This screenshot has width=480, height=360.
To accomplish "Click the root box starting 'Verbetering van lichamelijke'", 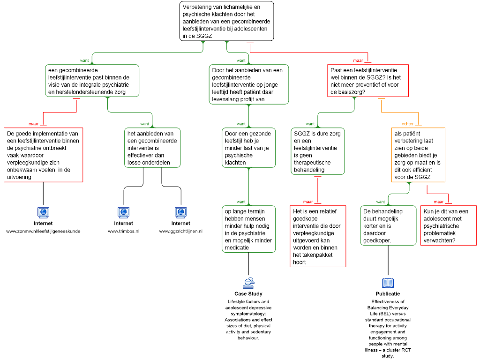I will tap(226, 21).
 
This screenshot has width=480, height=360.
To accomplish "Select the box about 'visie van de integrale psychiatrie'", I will tap(92, 81).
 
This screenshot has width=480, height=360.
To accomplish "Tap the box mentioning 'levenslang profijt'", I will tap(248, 84).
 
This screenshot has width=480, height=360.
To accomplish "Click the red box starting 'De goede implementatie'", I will tap(43, 155).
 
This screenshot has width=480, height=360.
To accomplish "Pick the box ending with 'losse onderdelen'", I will tap(152, 148).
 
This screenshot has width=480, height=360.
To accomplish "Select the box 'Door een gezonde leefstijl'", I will tap(248, 148).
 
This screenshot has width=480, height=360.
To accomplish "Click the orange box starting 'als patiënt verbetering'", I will tap(418, 155).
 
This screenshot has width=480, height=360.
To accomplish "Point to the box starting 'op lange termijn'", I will tap(248, 229).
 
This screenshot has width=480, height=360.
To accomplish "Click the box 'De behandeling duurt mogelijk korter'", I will tap(388, 225).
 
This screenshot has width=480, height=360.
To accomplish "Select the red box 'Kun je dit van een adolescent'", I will tap(448, 225).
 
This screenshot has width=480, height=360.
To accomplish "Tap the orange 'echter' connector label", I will tap(407, 124).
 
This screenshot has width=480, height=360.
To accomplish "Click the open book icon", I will tap(388, 283).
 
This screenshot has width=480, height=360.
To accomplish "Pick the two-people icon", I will tap(248, 283).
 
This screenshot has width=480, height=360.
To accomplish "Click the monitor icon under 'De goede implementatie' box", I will tap(43, 212).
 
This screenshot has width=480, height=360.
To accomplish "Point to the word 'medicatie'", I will tap(237, 247).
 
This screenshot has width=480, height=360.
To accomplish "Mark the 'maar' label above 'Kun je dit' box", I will tap(438, 202).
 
